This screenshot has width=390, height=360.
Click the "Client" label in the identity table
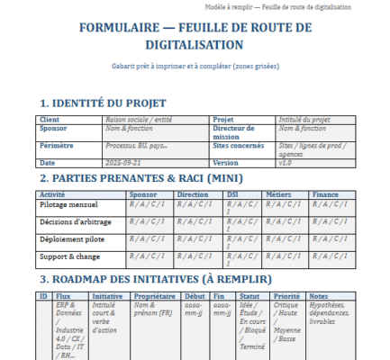coord(50,119)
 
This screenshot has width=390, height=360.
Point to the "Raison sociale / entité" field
coord(140,119)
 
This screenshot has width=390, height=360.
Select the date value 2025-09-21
coord(124,163)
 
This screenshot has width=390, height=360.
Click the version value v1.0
coord(285,163)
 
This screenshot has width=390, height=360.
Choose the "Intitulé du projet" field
coord(304,119)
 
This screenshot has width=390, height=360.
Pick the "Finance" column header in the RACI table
coord(325,193)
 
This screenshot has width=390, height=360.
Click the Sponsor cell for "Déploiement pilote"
coord(147,238)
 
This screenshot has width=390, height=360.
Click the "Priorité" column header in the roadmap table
coord(286,295)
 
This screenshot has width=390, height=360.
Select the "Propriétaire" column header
coord(154,295)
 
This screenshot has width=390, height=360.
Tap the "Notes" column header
coord(318,295)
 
